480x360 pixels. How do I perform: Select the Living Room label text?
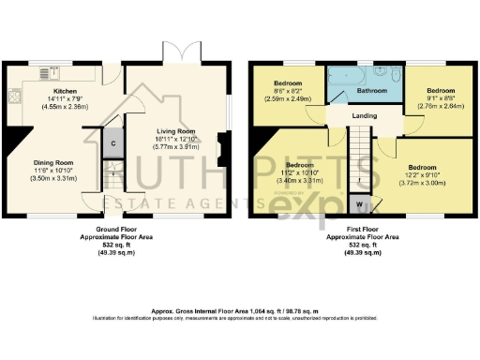click(x=173, y=131)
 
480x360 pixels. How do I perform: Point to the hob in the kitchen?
click(x=14, y=96)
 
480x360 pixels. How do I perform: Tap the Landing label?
click(x=366, y=116)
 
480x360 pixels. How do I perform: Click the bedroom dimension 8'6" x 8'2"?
click(x=288, y=91)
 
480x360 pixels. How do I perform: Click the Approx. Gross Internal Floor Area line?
click(x=239, y=310)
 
